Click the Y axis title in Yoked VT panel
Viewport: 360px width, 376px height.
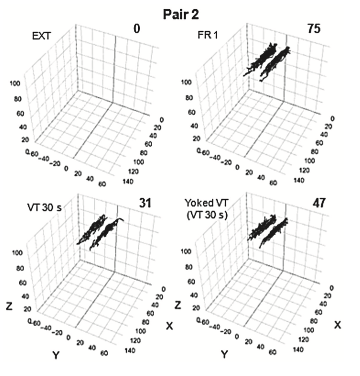[x=225, y=354]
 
